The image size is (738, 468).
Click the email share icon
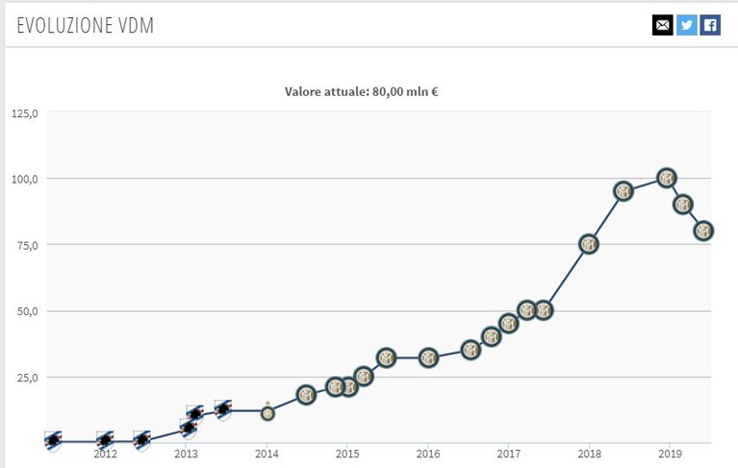(662, 24)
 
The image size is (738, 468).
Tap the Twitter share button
(687, 24)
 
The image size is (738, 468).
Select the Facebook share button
(710, 24)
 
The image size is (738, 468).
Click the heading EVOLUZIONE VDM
(86, 25)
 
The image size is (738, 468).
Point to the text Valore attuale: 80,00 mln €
(361, 91)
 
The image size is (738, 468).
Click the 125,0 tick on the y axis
(25, 113)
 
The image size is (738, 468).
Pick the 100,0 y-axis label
(25, 179)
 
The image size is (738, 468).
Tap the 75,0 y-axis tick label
(27, 245)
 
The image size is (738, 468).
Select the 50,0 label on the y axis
(27, 311)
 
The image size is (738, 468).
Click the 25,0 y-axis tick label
(27, 378)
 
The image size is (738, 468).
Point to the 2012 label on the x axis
(105, 454)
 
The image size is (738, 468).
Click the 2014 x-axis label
(267, 454)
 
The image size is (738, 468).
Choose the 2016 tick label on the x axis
(428, 454)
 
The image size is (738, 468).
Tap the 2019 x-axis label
(670, 454)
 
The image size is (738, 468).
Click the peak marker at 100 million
(667, 178)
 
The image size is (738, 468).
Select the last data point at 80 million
(703, 232)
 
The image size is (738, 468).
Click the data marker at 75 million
(588, 244)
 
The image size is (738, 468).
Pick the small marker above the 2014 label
(267, 413)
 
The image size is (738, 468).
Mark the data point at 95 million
(623, 191)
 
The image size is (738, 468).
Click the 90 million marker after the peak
(682, 205)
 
